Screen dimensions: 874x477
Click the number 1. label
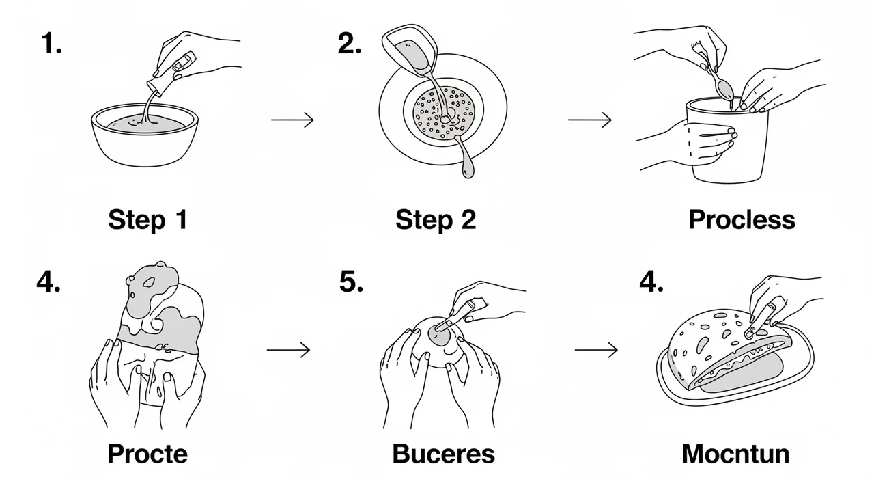pos(51,42)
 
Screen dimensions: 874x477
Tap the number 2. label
pos(350,43)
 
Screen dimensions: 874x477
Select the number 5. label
pos(351,282)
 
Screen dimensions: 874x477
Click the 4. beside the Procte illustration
pos(48,282)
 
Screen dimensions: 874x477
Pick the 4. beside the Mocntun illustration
pos(651,282)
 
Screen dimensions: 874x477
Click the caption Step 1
pos(148,220)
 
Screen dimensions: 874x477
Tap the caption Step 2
pos(436,220)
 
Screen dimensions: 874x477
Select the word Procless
pos(742,219)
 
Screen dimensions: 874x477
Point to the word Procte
pos(147,454)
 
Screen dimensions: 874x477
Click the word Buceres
pos(444,454)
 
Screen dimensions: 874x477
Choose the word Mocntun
pos(736,454)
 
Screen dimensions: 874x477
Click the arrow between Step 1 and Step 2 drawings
pos(293,120)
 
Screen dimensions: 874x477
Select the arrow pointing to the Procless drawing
pos(590,120)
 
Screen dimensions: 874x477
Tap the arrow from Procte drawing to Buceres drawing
pos(288,350)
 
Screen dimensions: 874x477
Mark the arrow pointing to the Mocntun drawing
pos(596,350)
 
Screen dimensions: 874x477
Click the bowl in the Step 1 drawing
pos(145,135)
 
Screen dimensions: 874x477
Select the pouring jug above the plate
pos(410,50)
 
